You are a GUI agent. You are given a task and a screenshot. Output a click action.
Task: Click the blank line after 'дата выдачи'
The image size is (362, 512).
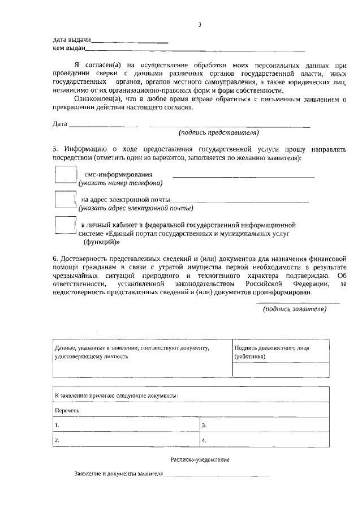[x=130, y=42]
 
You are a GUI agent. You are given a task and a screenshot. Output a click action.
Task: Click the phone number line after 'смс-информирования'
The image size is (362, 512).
[x=243, y=177]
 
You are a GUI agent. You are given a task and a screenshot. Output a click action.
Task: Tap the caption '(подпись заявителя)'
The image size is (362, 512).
[x=294, y=309]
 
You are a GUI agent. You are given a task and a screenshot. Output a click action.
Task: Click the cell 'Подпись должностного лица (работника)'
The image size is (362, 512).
[x=281, y=352]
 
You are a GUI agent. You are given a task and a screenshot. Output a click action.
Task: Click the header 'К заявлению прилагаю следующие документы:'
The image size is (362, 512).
[x=116, y=395]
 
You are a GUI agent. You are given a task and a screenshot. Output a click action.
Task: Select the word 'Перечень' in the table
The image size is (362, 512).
[x=67, y=410]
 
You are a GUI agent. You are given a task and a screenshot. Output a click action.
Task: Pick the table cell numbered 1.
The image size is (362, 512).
[x=126, y=424]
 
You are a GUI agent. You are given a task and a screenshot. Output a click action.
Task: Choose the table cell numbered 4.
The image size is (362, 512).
[x=265, y=440]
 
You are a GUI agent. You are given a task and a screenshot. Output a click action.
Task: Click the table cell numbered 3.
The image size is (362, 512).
[x=265, y=424]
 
